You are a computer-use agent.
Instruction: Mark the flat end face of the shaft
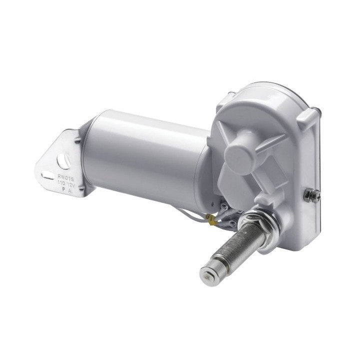tap(206, 273)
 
